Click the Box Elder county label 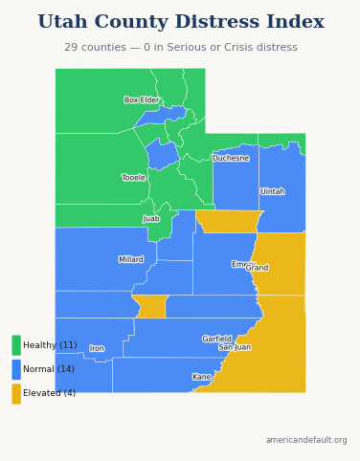point(142,99)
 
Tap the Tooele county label point(133,177)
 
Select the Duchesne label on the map point(231,158)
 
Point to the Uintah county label point(272,191)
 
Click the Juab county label point(151,218)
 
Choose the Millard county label point(131,259)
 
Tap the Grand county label point(258,268)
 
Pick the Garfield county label point(216,339)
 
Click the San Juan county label point(235,347)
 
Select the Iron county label point(97,348)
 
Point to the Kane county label point(201,377)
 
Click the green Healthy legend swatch point(16,345)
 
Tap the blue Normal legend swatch point(16,369)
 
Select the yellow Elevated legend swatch point(16,393)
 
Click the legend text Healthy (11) point(50,345)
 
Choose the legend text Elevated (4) point(49,393)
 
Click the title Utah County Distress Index point(180,22)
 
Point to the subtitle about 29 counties point(180,47)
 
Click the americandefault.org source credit point(306,440)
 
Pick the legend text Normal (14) point(48,369)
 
